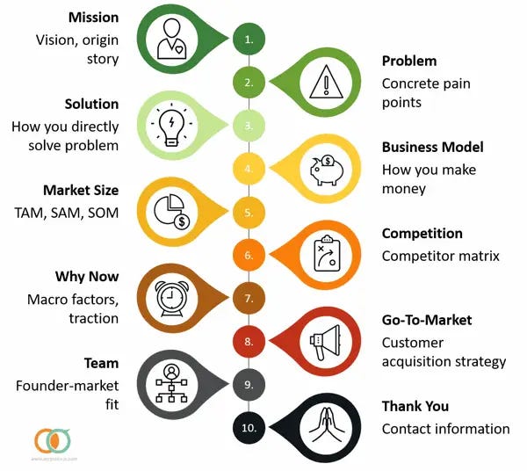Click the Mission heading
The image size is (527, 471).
pyautogui.click(x=94, y=18)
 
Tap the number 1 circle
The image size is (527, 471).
pyautogui.click(x=249, y=40)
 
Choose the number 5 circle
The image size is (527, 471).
pyautogui.click(x=249, y=212)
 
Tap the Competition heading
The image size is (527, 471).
pyautogui.click(x=422, y=234)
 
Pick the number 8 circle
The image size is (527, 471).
pyautogui.click(x=249, y=341)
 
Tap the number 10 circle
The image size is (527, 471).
pyautogui.click(x=249, y=427)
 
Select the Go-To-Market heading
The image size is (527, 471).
pyautogui.click(x=427, y=320)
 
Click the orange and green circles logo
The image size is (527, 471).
pyautogui.click(x=50, y=439)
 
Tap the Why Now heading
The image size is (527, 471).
pyautogui.click(x=87, y=277)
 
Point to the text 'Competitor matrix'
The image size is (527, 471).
pyautogui.click(x=440, y=256)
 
